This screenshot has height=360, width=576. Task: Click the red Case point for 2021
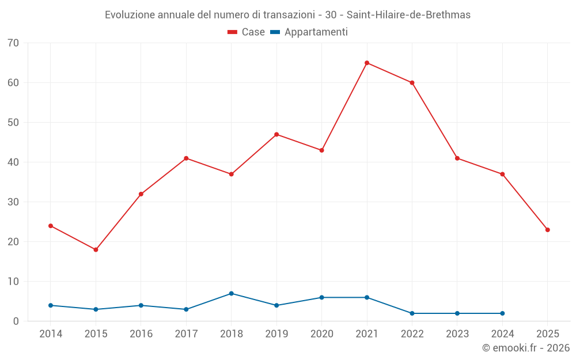(x=367, y=63)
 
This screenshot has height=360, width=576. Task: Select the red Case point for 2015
(x=96, y=249)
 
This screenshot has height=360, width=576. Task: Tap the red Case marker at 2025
(x=547, y=230)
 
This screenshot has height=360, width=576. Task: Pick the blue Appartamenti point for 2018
(x=231, y=293)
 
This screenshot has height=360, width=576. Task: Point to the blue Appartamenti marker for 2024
(x=502, y=313)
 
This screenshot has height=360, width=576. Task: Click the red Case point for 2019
(x=276, y=134)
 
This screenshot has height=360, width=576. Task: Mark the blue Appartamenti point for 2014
(x=51, y=305)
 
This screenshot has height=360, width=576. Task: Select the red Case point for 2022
(x=412, y=82)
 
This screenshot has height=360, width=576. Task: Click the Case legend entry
(x=247, y=32)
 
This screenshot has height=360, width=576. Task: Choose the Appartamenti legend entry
(x=309, y=32)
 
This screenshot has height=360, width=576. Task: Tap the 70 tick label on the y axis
(x=13, y=43)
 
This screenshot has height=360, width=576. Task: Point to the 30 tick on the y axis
(x=13, y=202)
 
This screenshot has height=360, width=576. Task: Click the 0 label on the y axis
(x=16, y=321)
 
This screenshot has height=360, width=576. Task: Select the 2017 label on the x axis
(x=186, y=334)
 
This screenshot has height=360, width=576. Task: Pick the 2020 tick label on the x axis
(x=321, y=334)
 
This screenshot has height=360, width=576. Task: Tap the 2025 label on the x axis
(x=547, y=334)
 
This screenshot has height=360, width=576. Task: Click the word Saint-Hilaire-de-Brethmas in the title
(x=408, y=15)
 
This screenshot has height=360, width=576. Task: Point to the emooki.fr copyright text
(x=525, y=348)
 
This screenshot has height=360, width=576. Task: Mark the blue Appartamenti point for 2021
(x=367, y=297)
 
